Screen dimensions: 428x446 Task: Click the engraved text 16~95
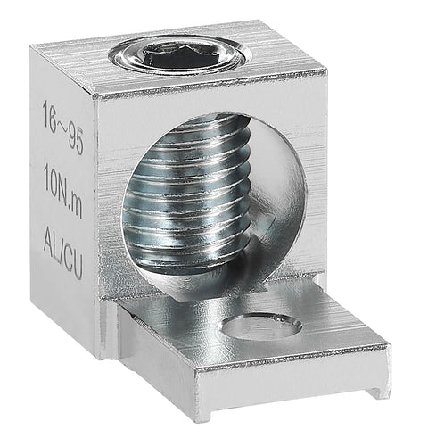(62, 127)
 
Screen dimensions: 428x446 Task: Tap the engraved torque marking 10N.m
(63, 191)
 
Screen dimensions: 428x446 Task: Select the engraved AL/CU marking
(63, 252)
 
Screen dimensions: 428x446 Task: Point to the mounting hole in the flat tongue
(260, 327)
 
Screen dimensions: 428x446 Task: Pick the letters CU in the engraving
(73, 263)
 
